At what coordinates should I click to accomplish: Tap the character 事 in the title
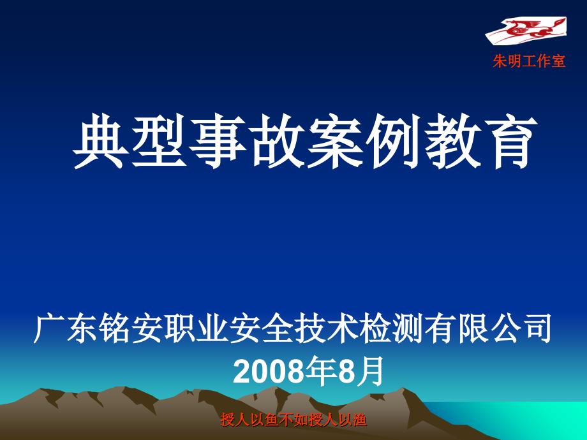click(218, 142)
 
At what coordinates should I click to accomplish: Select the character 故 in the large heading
click(276, 142)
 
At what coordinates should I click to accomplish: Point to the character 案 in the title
click(335, 142)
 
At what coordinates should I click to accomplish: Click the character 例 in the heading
click(393, 142)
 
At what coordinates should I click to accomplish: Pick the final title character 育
click(510, 142)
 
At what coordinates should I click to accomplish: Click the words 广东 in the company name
click(66, 329)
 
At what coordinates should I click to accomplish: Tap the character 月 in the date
click(370, 371)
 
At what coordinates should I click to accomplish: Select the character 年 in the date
click(320, 371)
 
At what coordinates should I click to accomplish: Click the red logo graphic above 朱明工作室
click(526, 29)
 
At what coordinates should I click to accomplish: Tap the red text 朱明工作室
click(529, 61)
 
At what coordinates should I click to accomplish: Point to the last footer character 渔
click(359, 420)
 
